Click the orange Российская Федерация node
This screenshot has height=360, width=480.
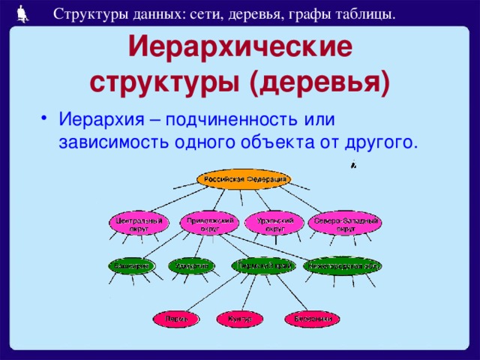tap(243, 179)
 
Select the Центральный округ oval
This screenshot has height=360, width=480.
tap(137, 223)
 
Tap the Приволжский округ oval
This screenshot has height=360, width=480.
tap(211, 223)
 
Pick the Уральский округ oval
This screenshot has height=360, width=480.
tap(274, 223)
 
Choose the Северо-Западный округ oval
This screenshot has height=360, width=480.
tap(346, 223)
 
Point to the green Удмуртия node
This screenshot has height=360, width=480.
tap(190, 265)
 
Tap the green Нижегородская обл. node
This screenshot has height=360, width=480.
tap(343, 265)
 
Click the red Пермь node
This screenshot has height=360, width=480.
tap(177, 319)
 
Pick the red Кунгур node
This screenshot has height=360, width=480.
tap(240, 319)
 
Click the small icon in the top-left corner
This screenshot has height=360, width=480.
tap(22, 11)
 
